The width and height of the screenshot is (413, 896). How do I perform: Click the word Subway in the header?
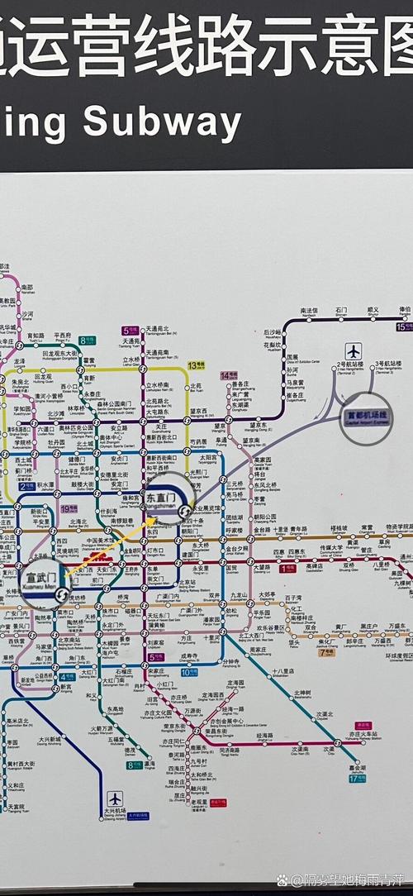pos(161,124)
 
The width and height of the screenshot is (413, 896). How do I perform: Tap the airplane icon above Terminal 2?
pos(354,350)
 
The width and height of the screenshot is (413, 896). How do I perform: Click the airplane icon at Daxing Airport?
pos(114,799)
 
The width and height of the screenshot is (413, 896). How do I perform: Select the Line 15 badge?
pos(403,327)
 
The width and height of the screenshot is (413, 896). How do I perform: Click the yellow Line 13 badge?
pos(196,364)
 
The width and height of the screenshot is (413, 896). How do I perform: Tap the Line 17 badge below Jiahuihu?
pos(357,778)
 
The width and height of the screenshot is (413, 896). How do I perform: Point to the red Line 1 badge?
pos(287,569)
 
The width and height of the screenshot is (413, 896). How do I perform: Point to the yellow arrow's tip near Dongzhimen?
pos(153,520)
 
